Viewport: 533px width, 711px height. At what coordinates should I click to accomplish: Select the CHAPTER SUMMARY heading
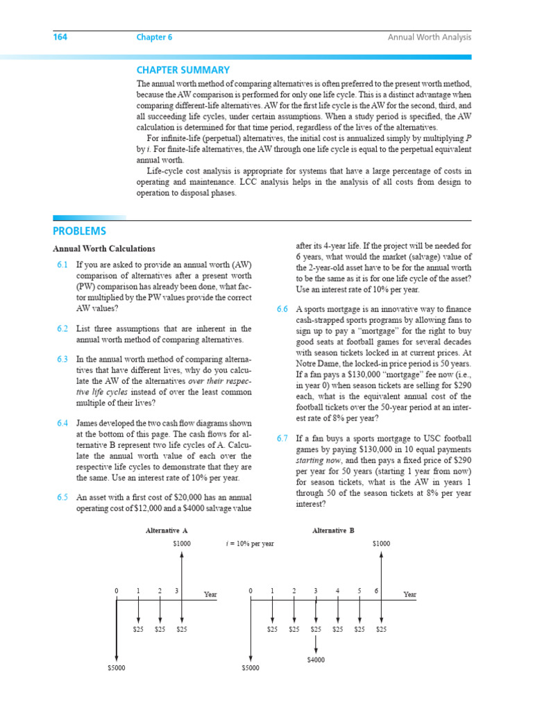coord(183,70)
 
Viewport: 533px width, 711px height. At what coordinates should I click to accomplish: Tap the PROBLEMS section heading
coord(80,231)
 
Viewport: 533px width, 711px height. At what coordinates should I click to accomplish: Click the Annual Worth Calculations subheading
coord(104,249)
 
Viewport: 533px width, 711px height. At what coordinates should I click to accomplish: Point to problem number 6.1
coord(62,265)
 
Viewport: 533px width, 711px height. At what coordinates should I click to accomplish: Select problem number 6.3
coord(62,360)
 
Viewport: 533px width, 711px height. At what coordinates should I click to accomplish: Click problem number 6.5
coord(62,497)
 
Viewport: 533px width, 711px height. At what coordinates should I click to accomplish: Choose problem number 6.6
coord(282,309)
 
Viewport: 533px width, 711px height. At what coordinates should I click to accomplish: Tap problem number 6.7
coord(282,439)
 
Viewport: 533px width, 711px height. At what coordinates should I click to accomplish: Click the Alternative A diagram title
coord(167,530)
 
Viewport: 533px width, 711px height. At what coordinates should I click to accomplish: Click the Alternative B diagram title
coord(333,530)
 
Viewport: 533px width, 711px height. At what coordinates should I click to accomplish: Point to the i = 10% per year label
coord(251,544)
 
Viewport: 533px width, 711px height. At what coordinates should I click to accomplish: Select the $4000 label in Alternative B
coord(316,659)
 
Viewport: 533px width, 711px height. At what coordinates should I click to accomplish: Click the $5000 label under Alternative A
coord(117,667)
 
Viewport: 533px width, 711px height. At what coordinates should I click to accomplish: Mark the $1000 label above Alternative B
coord(381,544)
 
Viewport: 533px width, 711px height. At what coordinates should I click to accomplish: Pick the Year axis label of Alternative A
coord(210,594)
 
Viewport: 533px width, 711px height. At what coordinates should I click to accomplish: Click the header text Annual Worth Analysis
coord(429,37)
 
